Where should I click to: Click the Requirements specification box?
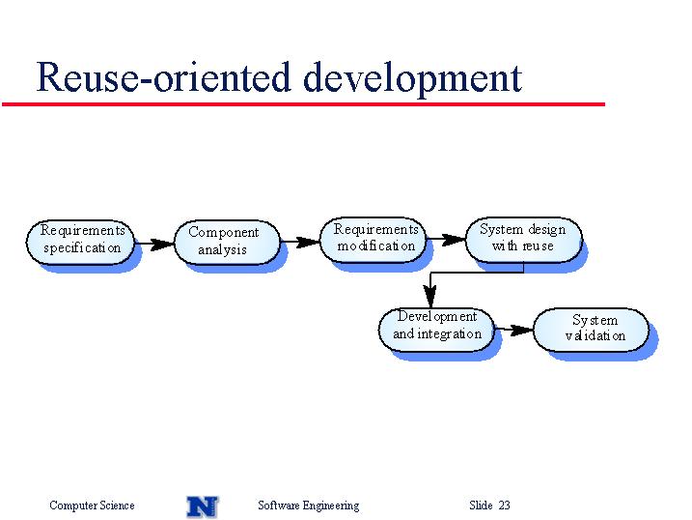point(80,242)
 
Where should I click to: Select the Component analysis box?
point(227,242)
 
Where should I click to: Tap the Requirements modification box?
point(374,240)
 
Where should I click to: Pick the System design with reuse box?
point(524,240)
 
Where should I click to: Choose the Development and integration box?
point(436,330)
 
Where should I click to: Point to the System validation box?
point(592,330)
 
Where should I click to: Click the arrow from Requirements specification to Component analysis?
point(154,244)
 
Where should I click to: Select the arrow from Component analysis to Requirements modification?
point(300,242)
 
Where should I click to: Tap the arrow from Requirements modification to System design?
point(446,240)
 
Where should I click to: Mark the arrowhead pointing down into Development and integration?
point(430,296)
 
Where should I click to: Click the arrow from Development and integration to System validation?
point(514,330)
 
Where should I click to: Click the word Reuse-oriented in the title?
point(164,77)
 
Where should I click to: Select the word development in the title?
point(413,79)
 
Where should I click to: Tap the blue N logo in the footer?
point(203,506)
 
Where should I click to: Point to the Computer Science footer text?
point(92,505)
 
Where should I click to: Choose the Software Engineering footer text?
point(309,506)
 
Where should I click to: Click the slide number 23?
point(504,505)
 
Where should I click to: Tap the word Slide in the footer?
point(481,505)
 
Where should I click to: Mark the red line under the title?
point(303,104)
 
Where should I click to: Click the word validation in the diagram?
point(595,335)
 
